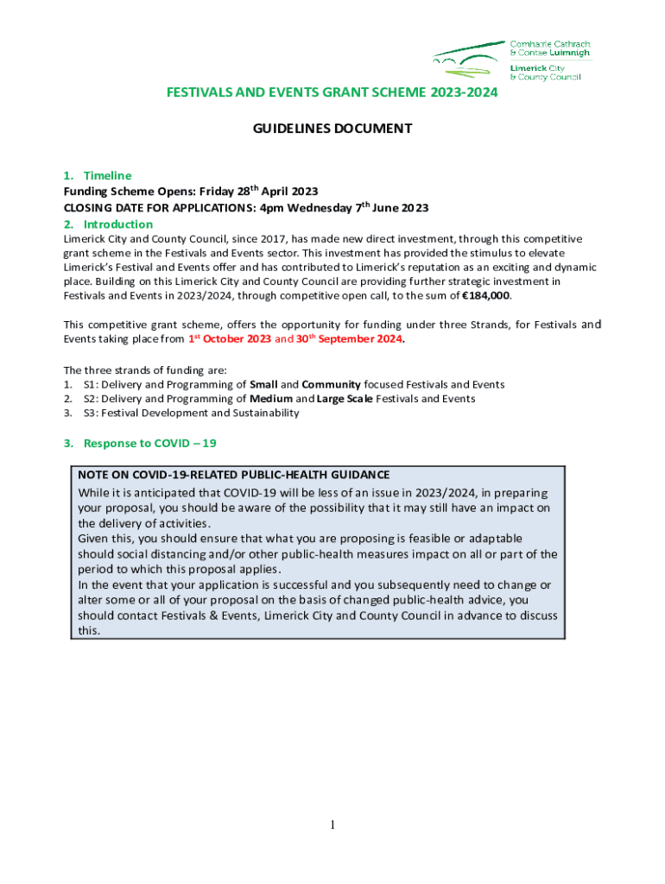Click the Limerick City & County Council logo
505,60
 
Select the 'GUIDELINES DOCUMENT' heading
332,129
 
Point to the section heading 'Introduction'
117,224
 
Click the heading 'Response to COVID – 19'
149,443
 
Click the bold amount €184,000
486,295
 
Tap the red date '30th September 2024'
349,339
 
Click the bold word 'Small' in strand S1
263,384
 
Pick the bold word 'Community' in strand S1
331,384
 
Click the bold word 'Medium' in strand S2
271,399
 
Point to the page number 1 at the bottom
332,825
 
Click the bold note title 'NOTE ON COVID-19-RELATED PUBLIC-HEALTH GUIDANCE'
233,475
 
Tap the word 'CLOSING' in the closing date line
88,208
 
